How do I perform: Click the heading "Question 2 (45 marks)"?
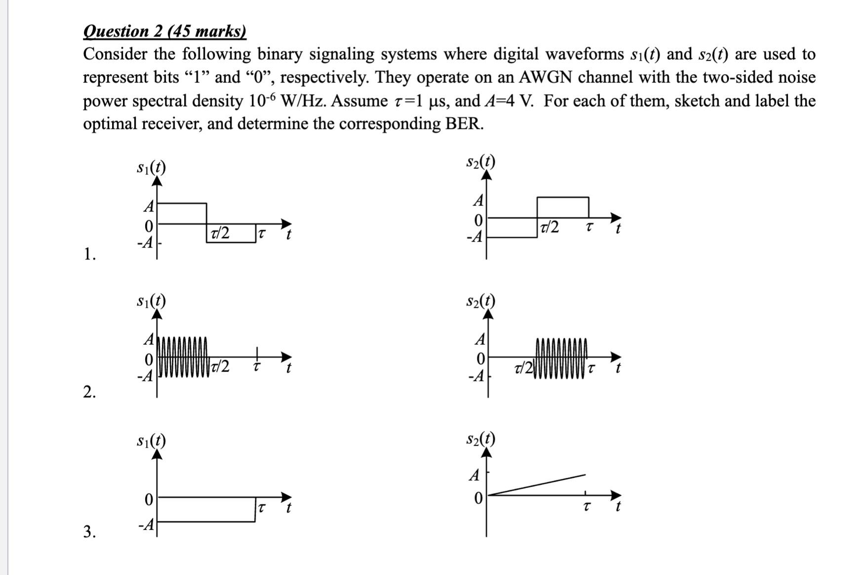click(x=164, y=32)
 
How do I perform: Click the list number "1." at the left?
click(x=89, y=254)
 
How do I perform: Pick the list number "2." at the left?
click(x=89, y=392)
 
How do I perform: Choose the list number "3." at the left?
click(x=89, y=532)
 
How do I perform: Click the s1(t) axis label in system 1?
click(x=151, y=167)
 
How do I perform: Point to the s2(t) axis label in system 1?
click(x=480, y=162)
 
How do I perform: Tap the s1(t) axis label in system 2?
click(x=151, y=300)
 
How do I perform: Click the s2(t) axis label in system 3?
click(x=480, y=439)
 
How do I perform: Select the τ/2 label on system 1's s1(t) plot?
click(x=220, y=232)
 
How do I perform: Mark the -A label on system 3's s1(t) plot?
click(x=147, y=525)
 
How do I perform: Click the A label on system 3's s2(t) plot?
click(x=474, y=475)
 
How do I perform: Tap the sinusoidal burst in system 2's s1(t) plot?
click(x=182, y=357)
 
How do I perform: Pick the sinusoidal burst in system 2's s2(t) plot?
click(x=561, y=357)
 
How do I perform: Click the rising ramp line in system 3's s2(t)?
click(x=538, y=484)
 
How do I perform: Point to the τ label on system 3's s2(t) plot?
click(x=586, y=507)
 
